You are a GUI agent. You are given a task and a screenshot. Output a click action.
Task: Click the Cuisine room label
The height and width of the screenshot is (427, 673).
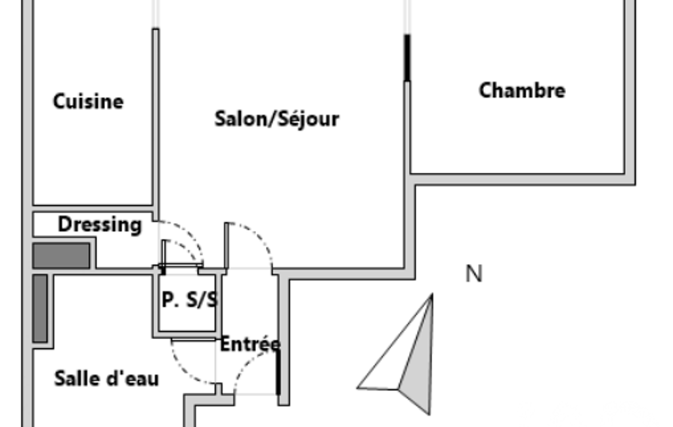tap(88, 101)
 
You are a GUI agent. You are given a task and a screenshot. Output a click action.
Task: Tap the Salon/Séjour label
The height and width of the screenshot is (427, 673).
tap(277, 119)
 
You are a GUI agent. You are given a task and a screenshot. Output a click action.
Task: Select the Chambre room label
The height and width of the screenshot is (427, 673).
tap(522, 91)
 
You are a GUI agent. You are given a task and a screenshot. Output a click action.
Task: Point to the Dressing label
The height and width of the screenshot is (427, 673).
tap(100, 224)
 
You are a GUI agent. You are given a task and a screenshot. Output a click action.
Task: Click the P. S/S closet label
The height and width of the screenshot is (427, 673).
tap(190, 300)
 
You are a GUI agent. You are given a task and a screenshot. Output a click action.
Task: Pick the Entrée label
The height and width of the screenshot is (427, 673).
tap(251, 344)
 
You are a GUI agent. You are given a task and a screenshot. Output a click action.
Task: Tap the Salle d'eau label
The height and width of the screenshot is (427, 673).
tap(106, 378)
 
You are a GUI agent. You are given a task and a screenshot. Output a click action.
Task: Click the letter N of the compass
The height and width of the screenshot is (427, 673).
tap(474, 274)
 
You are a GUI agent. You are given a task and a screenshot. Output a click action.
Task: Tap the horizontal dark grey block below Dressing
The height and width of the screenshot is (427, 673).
tap(61, 256)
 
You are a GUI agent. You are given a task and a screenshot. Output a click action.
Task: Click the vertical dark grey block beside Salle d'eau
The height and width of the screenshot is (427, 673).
tap(40, 309)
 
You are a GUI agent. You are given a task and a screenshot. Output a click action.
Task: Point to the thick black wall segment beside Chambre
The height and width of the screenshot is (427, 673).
tap(407, 58)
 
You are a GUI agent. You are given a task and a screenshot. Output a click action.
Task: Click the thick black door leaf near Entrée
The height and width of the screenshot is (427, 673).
tap(278, 372)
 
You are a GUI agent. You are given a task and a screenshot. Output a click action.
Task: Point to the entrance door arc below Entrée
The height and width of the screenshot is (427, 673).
tap(247, 363)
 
